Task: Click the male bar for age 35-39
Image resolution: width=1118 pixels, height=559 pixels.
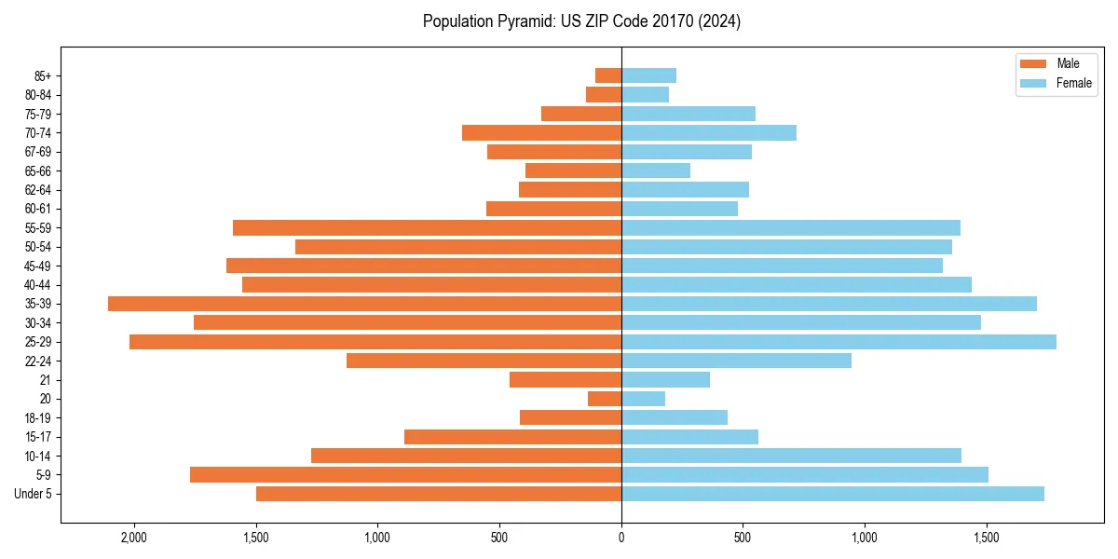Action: point(364,304)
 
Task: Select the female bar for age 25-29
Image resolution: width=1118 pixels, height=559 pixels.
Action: point(838,342)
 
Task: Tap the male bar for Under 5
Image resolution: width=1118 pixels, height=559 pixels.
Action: point(439,494)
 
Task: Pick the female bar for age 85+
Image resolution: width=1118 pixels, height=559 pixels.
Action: point(648,75)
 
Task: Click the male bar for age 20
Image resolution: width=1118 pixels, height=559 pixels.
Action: point(605,399)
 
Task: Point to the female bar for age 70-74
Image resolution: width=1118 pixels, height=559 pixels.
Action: point(709,133)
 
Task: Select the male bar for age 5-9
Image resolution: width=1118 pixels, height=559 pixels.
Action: point(405,475)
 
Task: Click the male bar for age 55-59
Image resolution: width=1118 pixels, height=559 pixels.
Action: point(427,228)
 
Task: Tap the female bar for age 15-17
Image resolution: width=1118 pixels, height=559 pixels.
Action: point(689,437)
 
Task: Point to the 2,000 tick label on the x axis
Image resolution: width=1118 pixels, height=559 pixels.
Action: point(134,539)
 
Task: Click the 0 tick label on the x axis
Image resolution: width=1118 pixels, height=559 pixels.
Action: point(621,539)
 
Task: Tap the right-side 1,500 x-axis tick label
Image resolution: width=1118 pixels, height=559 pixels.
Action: point(987,539)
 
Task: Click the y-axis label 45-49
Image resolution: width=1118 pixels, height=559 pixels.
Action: point(39,266)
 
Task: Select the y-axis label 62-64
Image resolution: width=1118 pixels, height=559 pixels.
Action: point(39,190)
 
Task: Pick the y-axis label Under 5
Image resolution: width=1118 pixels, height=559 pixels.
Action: point(34,494)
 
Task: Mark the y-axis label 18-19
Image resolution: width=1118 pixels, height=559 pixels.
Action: point(39,418)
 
